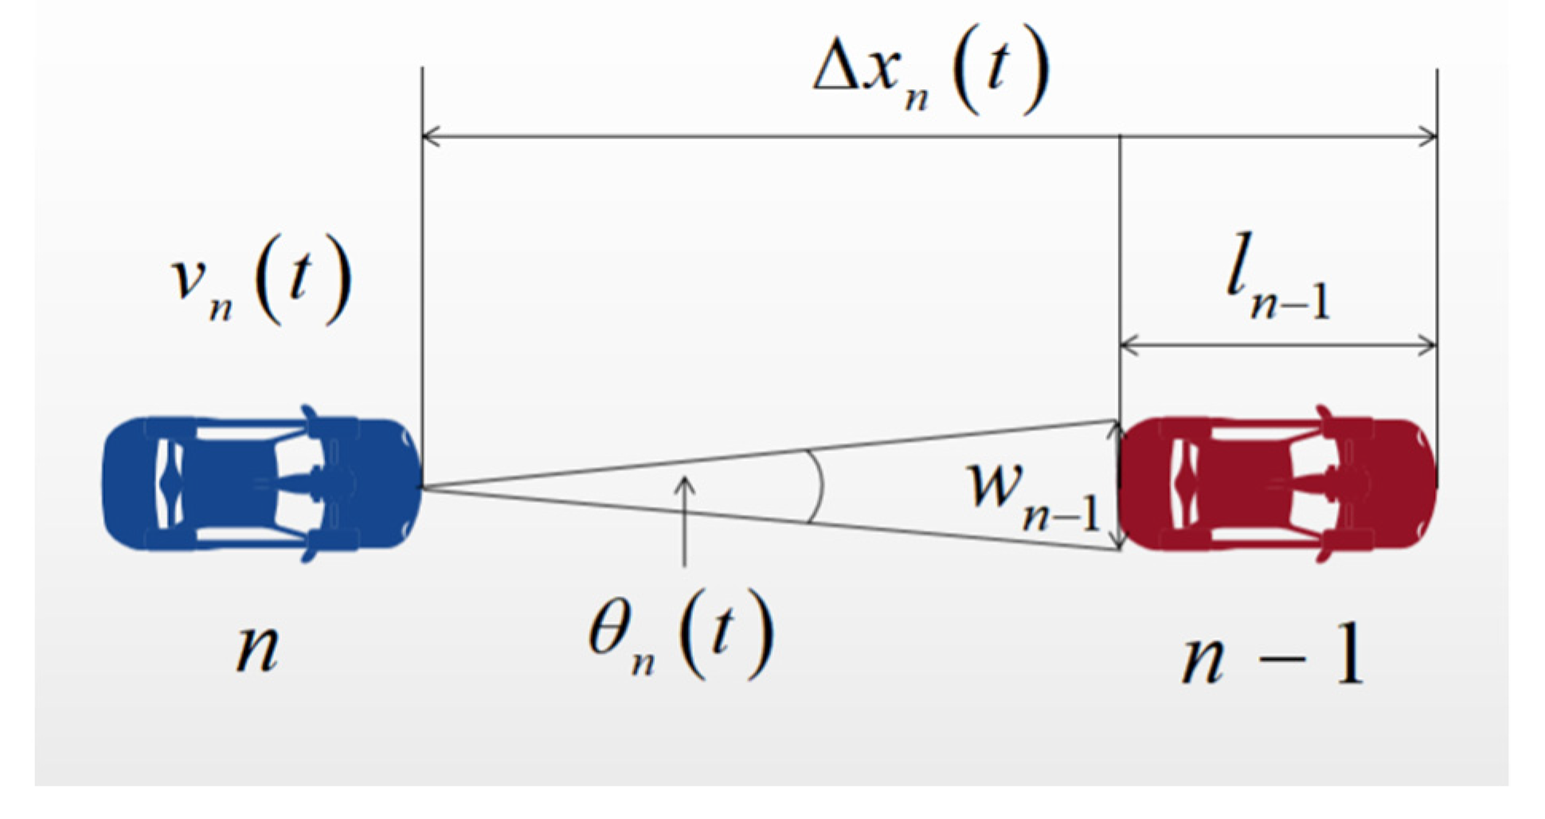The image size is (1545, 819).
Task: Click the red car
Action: pyautogui.click(x=1277, y=484)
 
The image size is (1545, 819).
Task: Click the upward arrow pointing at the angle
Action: pyautogui.click(x=684, y=518)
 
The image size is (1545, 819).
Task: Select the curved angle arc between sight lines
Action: pyautogui.click(x=817, y=487)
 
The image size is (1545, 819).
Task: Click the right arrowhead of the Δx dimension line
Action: pyautogui.click(x=1430, y=137)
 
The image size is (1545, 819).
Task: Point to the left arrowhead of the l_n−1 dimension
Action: pyautogui.click(x=1128, y=346)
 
